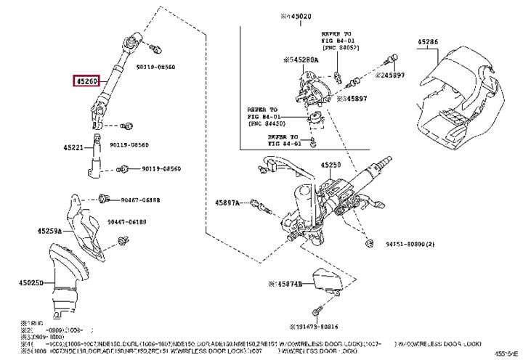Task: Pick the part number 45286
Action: [428, 43]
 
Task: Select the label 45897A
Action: [227, 202]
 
